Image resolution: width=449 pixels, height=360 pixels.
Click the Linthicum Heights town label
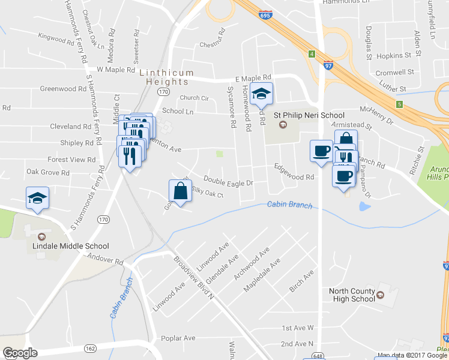(167, 77)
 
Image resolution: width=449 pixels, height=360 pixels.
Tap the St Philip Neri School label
(309, 115)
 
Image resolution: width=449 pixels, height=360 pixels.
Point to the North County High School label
(352, 295)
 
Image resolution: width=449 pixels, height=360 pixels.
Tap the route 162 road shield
(91, 348)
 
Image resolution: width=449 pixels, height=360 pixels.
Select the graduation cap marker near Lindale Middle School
(37, 198)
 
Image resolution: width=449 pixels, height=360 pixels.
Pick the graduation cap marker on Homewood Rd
(262, 94)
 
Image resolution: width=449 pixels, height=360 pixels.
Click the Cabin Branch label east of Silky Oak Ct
(290, 205)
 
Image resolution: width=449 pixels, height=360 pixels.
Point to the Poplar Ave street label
(181, 338)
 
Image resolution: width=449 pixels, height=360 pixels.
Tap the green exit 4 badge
(312, 54)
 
